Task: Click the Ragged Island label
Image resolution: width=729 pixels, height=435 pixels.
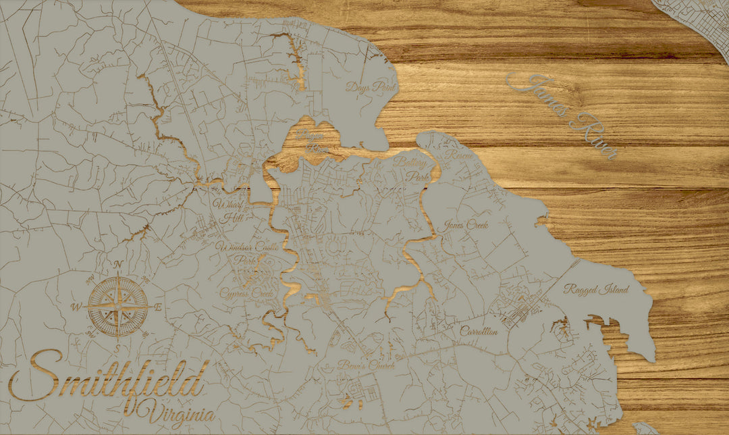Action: (x=597, y=289)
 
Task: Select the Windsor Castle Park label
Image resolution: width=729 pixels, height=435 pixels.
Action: (x=237, y=255)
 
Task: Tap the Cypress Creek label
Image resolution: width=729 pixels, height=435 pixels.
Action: (x=246, y=294)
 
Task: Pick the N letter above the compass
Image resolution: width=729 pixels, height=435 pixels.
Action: (x=118, y=264)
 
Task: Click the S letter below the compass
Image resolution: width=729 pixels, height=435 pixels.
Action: (x=117, y=347)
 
